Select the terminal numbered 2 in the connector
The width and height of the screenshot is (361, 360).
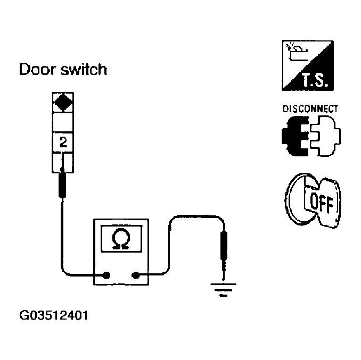click(63, 143)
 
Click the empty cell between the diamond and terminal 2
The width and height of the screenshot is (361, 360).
click(63, 123)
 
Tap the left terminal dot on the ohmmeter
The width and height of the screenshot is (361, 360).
click(106, 275)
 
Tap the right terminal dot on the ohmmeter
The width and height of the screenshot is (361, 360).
click(136, 275)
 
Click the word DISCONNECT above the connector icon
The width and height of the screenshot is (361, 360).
click(310, 109)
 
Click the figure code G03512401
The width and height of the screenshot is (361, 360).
click(53, 315)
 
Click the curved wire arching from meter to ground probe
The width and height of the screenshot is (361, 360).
click(192, 217)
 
